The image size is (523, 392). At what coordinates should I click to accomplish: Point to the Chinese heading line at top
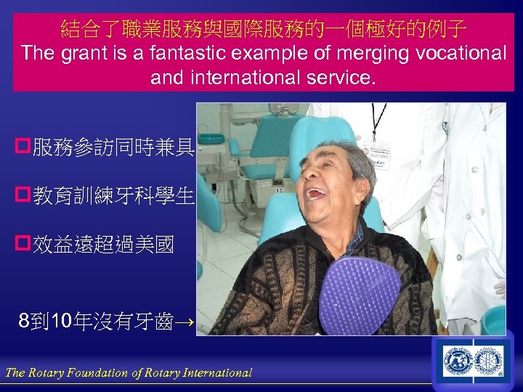point(264,29)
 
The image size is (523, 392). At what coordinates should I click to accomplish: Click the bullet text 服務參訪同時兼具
point(113,148)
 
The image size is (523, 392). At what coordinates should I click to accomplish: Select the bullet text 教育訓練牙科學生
point(113,195)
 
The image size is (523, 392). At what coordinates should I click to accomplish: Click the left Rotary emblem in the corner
point(458,361)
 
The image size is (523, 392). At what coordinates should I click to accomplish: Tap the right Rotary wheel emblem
point(489,361)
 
